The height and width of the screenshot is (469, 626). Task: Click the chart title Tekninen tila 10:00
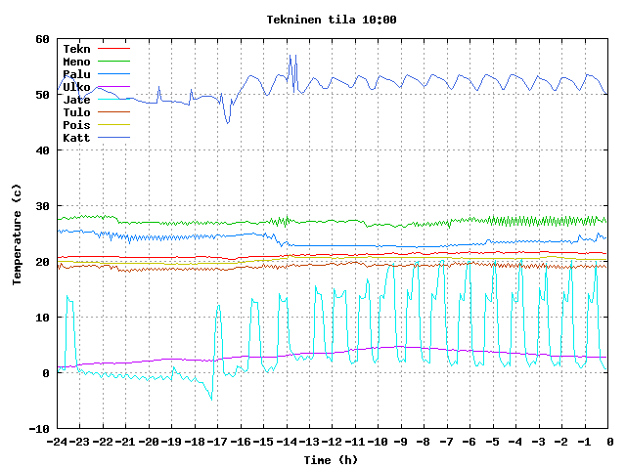coord(331,20)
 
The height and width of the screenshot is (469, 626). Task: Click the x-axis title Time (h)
coord(331,459)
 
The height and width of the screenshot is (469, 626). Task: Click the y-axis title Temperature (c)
coord(17,234)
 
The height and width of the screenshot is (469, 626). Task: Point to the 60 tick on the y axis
coord(42,39)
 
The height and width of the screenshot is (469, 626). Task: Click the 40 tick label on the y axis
coord(42,150)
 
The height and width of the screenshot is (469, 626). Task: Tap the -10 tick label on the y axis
coord(39,428)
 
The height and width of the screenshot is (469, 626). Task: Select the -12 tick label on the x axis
coord(332,442)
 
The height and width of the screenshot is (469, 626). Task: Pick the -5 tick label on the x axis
coord(492,442)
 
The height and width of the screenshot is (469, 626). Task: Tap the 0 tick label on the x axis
coord(608,442)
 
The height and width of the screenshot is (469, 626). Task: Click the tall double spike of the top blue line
coord(291,57)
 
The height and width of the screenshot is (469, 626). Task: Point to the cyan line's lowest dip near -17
coord(211,398)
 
